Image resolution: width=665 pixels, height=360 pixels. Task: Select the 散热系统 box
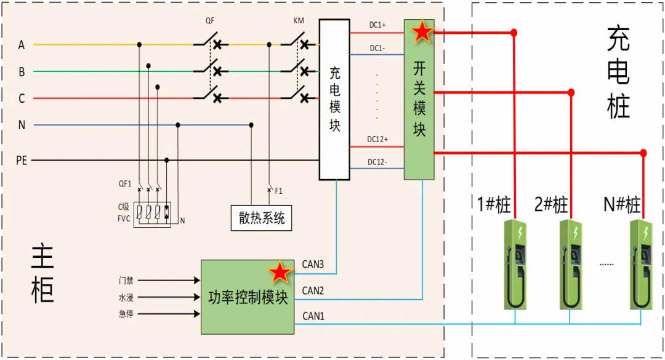(x=260, y=218)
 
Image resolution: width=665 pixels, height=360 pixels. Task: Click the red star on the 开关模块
(x=422, y=31)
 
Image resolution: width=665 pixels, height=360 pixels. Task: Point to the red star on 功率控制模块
(x=280, y=272)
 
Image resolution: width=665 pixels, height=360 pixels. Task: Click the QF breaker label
(x=211, y=21)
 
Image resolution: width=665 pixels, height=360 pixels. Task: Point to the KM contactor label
(x=299, y=21)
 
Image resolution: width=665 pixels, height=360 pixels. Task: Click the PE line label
(x=22, y=161)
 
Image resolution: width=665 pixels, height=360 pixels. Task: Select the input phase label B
(x=22, y=72)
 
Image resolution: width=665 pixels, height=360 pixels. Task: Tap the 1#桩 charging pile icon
(x=515, y=264)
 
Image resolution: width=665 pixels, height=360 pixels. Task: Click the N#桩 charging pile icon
(x=640, y=264)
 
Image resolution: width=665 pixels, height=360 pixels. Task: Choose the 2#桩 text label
(x=551, y=204)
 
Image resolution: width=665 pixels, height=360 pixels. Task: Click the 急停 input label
(x=126, y=314)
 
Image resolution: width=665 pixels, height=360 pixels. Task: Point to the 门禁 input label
(x=126, y=280)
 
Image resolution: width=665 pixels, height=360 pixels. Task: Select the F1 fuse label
(x=279, y=191)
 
